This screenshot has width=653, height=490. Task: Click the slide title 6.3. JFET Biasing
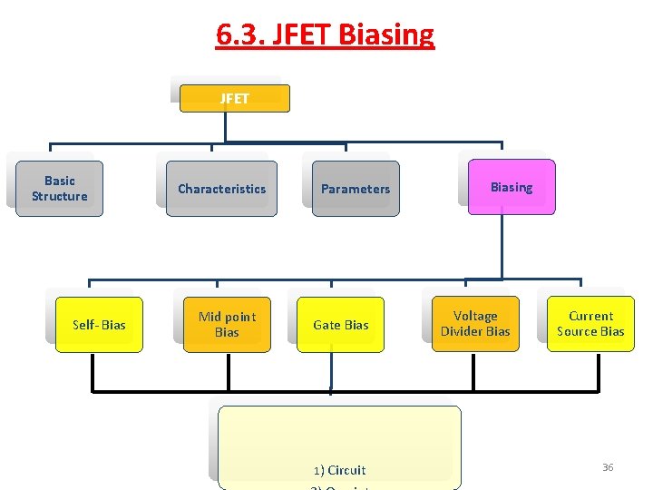325,34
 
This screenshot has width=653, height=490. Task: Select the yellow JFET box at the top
234,98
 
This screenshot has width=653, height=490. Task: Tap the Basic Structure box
59,189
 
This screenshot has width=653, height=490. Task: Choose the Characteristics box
221,189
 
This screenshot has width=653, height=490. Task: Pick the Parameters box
355,189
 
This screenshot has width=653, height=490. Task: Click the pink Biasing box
512,187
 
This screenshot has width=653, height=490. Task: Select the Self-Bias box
99,325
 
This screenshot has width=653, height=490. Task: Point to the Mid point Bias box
227,325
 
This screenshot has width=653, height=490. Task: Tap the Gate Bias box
340,325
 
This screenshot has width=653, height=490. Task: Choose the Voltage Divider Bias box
475,324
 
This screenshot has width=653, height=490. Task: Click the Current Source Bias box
590,324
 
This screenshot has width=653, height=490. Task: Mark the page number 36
608,467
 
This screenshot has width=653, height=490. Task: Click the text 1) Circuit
339,470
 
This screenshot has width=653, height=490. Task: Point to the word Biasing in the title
385,34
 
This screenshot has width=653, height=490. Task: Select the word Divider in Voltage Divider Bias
463,331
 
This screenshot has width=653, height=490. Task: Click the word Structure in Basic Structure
59,196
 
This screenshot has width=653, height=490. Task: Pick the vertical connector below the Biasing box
500,245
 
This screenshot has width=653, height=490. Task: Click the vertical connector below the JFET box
225,127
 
